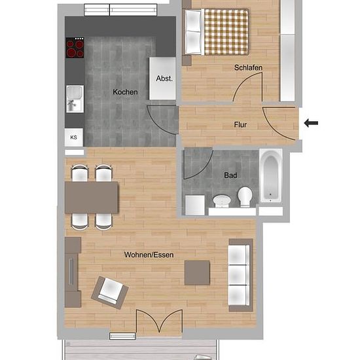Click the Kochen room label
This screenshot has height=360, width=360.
[125, 92]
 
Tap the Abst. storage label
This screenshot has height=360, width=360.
[164, 79]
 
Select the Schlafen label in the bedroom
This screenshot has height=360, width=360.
[248, 67]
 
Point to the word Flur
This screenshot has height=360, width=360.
[240, 124]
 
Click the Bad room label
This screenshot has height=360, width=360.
[230, 175]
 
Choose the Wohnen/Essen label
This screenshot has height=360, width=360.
[149, 255]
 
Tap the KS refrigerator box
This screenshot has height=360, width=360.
[74, 137]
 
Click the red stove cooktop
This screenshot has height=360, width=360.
[75, 48]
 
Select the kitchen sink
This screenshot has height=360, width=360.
[75, 99]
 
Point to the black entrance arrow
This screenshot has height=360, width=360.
[311, 123]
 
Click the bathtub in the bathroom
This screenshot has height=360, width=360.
[271, 175]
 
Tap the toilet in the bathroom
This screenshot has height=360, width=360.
[245, 196]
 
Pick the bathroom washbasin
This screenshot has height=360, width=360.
[222, 201]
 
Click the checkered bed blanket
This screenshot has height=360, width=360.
[226, 32]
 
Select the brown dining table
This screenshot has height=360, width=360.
[92, 198]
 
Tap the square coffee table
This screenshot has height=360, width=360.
[197, 273]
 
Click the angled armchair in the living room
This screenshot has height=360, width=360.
[110, 293]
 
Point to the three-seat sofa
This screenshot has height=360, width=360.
[241, 275]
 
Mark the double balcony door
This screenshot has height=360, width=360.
[159, 321]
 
